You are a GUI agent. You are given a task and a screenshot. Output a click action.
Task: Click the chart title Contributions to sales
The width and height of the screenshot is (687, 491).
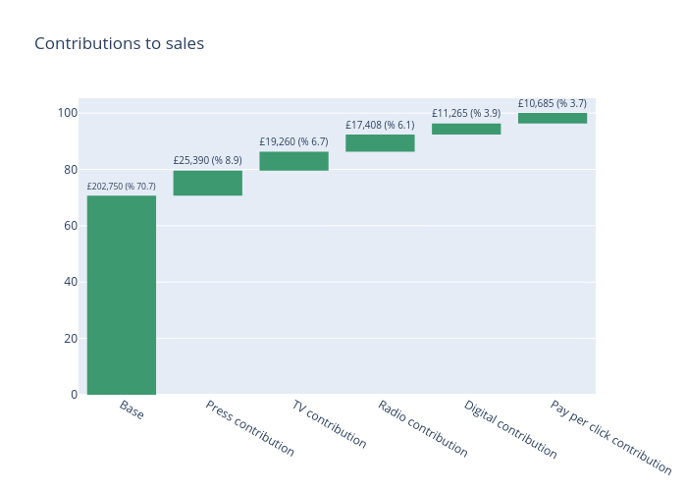point(120,43)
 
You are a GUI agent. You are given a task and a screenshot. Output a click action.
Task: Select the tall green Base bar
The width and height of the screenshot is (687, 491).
point(122,295)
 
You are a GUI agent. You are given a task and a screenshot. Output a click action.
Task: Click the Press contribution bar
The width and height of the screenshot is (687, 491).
point(208,183)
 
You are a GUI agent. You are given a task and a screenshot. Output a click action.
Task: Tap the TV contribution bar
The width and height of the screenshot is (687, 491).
point(294,161)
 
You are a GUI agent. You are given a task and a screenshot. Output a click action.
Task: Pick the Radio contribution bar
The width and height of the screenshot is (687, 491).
point(380,143)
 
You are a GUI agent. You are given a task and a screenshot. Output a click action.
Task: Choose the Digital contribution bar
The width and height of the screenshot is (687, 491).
point(466,129)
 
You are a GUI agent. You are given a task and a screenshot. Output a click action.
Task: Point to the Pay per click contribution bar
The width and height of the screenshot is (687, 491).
point(553,118)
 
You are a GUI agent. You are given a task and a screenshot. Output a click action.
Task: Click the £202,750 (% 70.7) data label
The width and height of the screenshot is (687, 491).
point(122,187)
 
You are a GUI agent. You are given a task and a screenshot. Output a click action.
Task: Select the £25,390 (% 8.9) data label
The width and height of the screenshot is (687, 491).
point(208,160)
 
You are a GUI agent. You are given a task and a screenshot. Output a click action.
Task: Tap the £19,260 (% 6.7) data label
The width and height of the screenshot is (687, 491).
point(294,141)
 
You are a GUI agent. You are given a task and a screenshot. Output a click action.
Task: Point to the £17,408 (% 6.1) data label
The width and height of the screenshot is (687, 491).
point(380,125)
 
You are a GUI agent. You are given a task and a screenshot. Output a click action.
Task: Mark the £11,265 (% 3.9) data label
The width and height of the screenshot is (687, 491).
point(466,113)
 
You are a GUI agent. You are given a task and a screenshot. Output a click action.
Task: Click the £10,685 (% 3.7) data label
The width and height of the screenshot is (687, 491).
point(553,103)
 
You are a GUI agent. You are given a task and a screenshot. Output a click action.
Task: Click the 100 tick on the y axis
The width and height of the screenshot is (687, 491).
point(67,113)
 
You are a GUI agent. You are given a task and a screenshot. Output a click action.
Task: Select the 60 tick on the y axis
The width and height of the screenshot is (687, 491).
point(70,226)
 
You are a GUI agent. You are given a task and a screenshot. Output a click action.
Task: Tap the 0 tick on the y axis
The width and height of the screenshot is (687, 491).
point(74,395)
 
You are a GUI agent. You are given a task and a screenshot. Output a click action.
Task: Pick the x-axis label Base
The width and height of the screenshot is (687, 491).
point(132,410)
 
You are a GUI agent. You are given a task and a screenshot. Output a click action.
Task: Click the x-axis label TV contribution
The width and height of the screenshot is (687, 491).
point(330,424)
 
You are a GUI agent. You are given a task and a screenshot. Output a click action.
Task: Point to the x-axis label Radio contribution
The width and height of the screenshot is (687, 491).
point(423,429)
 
